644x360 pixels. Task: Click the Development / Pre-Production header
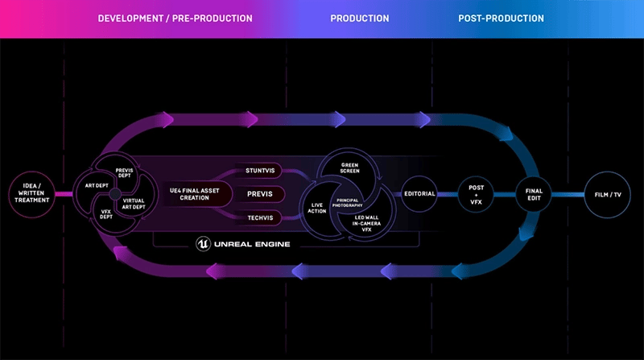[x=175, y=18]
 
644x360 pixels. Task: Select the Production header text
[x=359, y=18]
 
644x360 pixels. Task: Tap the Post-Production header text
[x=501, y=18]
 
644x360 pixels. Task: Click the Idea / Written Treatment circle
[x=33, y=194]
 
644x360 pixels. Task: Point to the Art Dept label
[x=97, y=184]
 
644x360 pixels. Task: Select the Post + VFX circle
[x=477, y=193]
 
